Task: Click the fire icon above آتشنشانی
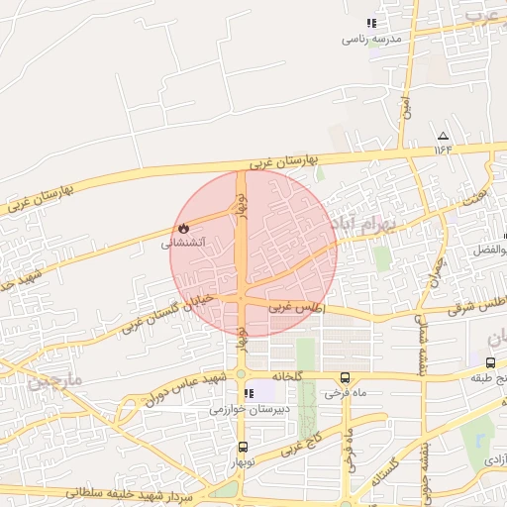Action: click(x=183, y=227)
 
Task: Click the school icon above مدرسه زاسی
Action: click(x=371, y=23)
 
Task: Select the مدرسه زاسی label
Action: click(x=369, y=39)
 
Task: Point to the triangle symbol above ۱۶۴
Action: click(x=442, y=136)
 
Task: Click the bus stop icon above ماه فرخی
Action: click(x=345, y=377)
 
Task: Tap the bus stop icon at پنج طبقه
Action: click(x=491, y=363)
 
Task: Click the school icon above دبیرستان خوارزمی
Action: click(x=249, y=393)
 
